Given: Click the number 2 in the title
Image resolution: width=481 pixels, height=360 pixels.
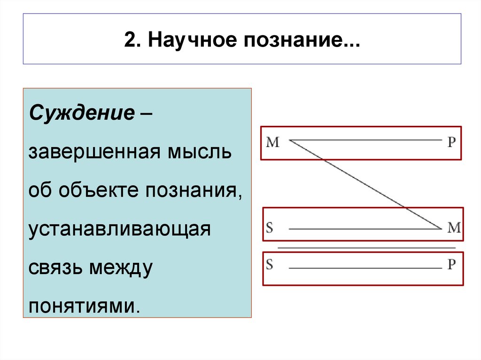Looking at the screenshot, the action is tap(129, 40).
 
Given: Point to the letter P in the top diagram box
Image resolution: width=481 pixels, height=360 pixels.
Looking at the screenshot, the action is tap(451, 142).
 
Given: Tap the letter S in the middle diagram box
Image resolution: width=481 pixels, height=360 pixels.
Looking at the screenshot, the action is tap(270, 228).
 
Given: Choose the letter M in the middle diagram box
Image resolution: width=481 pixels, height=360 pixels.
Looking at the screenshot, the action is tap(454, 228).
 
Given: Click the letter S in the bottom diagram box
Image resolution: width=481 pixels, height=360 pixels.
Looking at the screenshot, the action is tap(270, 264).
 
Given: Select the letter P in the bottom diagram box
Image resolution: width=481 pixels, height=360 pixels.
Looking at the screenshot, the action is tap(451, 265).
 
